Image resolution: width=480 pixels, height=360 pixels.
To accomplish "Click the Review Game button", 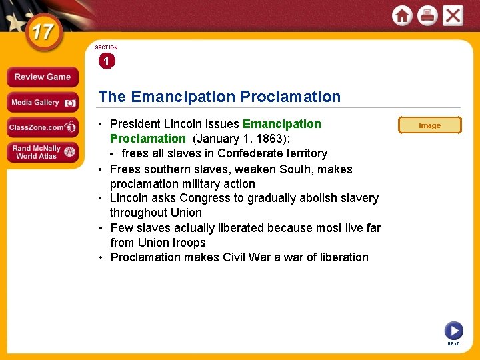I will point(42,77).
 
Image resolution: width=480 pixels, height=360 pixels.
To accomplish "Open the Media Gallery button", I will point(42,103).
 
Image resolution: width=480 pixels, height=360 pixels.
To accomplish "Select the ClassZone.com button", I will point(42,127).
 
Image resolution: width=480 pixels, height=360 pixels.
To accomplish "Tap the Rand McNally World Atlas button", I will point(42,152).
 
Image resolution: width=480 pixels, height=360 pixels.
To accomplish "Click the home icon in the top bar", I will point(402,15).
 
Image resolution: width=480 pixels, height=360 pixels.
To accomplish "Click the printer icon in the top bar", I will point(427,15).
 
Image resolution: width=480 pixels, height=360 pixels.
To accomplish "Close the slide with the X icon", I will point(453,15).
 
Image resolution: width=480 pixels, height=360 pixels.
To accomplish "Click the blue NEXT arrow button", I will point(453,330).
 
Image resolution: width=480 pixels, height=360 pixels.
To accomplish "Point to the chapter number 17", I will point(41,32).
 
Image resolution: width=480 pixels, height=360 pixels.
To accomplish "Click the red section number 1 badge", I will point(106,61).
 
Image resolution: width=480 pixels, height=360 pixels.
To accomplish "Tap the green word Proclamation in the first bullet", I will point(147,139).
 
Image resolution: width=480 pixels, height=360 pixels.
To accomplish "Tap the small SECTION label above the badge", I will point(106,48).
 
